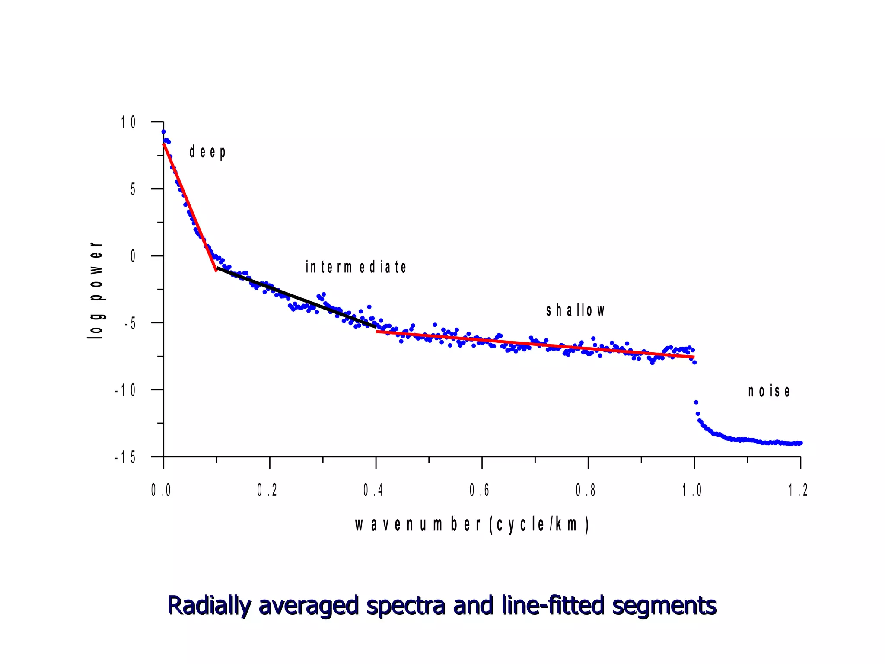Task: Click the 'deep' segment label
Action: click(207, 152)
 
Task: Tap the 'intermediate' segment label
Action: click(356, 267)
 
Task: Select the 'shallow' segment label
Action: click(575, 310)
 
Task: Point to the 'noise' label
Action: click(769, 391)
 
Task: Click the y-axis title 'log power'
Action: click(96, 290)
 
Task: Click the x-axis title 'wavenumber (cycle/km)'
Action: click(472, 525)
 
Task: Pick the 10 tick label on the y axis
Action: click(128, 123)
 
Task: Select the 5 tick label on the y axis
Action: click(133, 189)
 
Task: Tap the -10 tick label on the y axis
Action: click(125, 391)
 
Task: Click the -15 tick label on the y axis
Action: click(125, 457)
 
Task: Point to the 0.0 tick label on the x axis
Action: click(161, 490)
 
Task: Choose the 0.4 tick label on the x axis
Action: click(373, 490)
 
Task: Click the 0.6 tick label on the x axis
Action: click(479, 490)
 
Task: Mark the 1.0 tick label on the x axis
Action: click(692, 490)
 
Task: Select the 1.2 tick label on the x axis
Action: click(798, 490)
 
